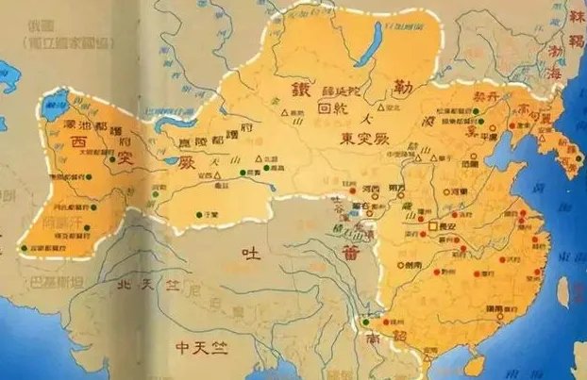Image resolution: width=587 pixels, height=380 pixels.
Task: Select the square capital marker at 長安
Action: pyautogui.click(x=431, y=226)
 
